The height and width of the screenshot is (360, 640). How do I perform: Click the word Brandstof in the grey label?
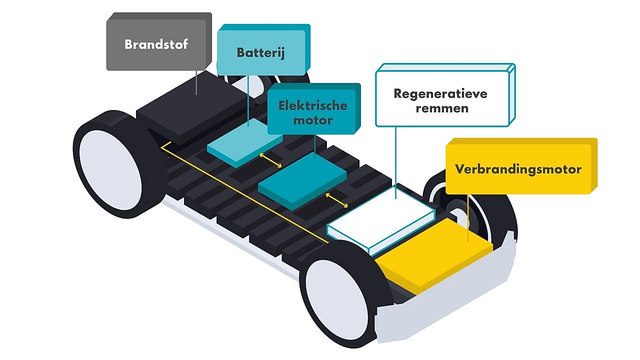pyautogui.click(x=156, y=44)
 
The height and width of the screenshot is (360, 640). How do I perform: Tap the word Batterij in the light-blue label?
pyautogui.click(x=260, y=52)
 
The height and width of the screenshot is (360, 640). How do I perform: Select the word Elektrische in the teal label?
pyautogui.click(x=313, y=105)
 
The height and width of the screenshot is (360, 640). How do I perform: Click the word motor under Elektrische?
pyautogui.click(x=313, y=120)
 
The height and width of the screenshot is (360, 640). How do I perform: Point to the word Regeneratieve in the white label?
pyautogui.click(x=440, y=93)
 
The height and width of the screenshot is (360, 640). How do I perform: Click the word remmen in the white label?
pyautogui.click(x=440, y=108)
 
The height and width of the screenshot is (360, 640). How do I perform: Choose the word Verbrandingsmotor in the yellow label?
pyautogui.click(x=518, y=169)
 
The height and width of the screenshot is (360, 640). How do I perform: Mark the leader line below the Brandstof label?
pyautogui.click(x=196, y=82)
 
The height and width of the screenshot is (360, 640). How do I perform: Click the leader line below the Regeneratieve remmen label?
pyautogui.click(x=396, y=160)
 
